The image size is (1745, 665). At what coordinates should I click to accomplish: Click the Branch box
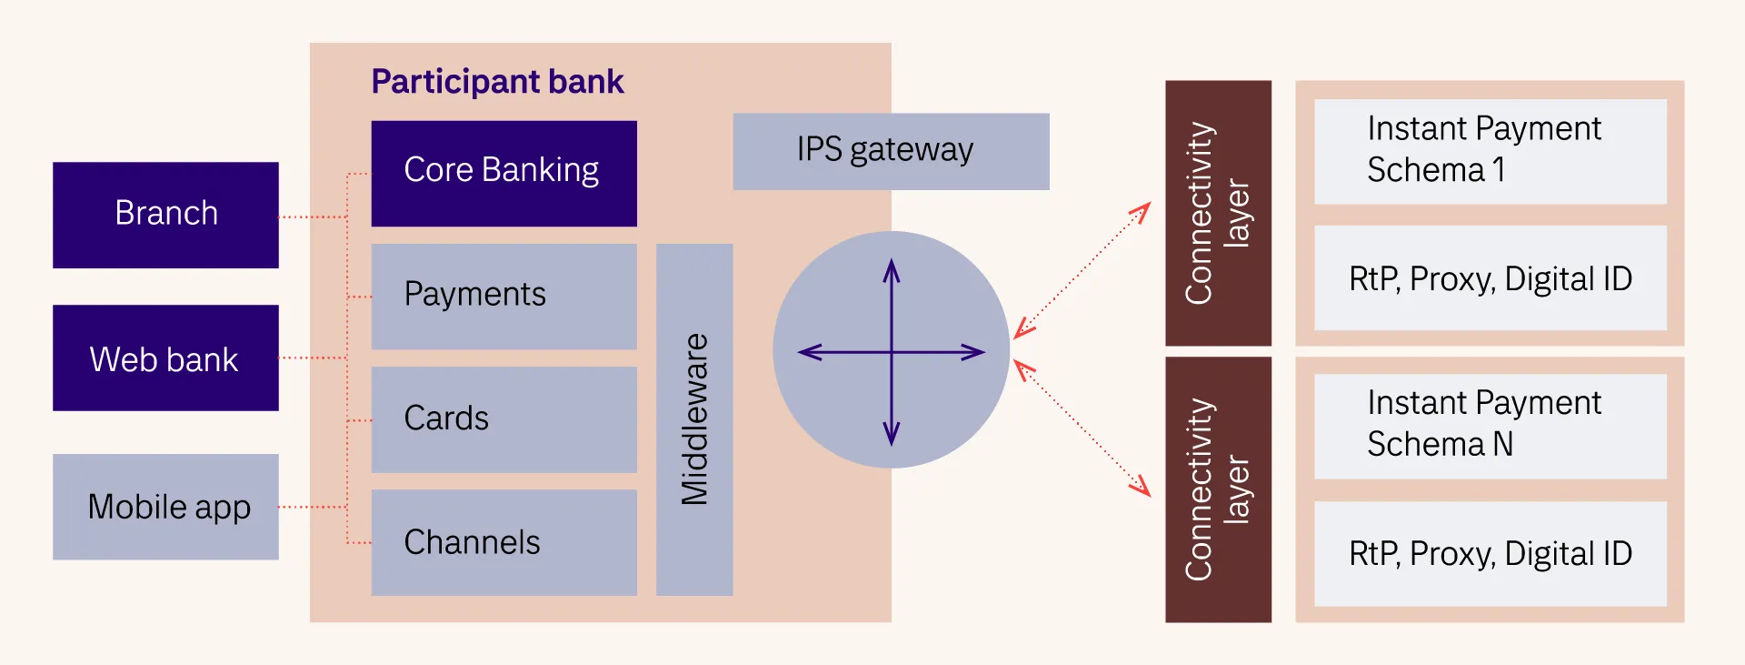[165, 215]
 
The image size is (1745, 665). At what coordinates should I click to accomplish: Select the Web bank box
[165, 358]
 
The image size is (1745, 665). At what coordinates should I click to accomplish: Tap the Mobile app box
[165, 507]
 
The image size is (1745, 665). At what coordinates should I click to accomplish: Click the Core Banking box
[504, 173]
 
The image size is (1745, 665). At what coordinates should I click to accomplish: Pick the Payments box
[504, 296]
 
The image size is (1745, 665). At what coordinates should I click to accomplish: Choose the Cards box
[504, 419]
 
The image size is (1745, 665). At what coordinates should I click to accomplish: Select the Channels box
[504, 543]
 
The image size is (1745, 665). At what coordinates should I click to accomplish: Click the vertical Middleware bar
[694, 419]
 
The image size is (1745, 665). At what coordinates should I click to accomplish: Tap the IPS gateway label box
[891, 151]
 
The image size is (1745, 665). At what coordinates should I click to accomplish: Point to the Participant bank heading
[497, 82]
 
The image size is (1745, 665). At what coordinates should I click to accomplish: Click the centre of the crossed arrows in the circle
[892, 352]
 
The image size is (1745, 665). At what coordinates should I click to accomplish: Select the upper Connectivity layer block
[1218, 213]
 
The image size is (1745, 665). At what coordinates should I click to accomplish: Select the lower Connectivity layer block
[1218, 489]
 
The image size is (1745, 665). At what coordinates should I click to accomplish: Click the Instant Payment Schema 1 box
[1490, 151]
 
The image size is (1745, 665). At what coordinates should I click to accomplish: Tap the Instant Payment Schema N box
[1490, 426]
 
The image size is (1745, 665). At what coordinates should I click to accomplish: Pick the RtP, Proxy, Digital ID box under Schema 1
[1490, 278]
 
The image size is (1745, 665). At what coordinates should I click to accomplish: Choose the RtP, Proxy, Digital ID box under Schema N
[1490, 553]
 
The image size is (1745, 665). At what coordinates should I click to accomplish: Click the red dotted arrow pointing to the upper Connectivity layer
[1082, 270]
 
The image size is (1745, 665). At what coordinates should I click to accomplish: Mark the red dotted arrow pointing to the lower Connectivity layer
[1082, 428]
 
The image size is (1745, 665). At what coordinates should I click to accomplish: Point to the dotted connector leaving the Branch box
[313, 217]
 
